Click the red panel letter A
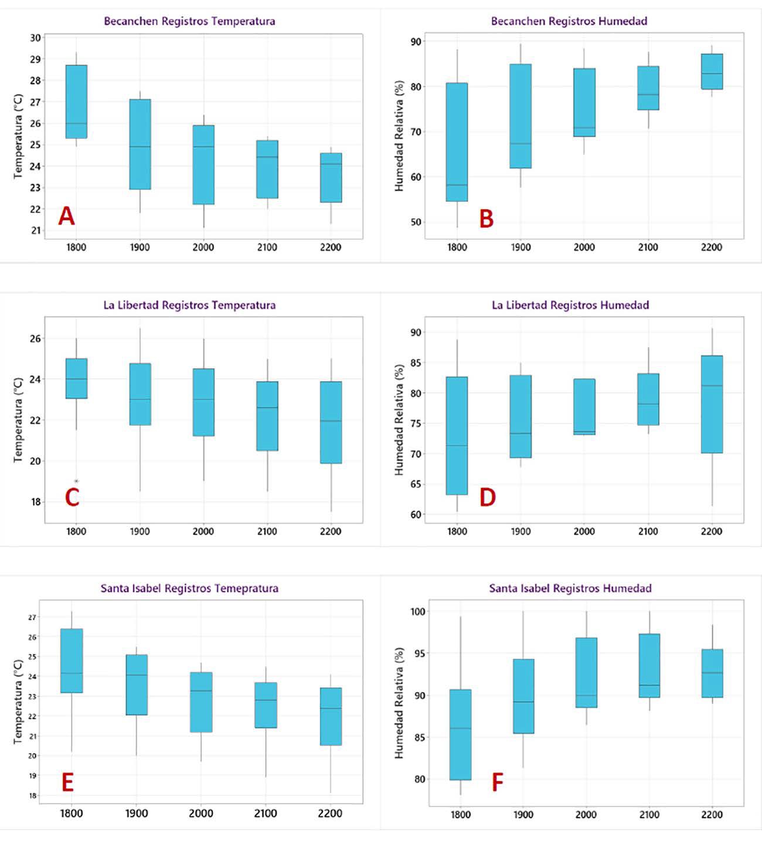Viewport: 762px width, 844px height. [67, 216]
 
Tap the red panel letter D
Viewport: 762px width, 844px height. [488, 497]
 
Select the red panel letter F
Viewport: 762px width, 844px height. [497, 782]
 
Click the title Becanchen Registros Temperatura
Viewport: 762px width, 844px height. [189, 21]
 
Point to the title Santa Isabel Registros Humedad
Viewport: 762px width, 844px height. [570, 588]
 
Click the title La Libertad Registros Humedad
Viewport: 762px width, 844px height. [570, 305]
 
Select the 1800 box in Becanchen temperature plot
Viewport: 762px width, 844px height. [76, 101]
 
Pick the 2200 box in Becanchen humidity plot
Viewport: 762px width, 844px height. [712, 72]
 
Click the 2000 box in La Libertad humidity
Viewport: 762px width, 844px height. [584, 406]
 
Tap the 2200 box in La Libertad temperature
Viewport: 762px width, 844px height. [331, 422]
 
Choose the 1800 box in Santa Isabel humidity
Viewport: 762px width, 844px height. [461, 734]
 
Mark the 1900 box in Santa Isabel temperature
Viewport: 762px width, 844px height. [137, 684]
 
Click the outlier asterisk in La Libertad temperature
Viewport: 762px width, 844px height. [76, 482]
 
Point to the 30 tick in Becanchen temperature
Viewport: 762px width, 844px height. [36, 38]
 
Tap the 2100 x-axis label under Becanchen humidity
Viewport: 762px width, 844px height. [648, 248]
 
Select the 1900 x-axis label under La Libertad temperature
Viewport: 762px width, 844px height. [140, 531]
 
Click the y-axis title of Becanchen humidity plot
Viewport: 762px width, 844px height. [399, 136]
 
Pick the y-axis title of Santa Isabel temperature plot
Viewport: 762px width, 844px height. [18, 701]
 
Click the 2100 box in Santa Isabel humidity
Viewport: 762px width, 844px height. [649, 665]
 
